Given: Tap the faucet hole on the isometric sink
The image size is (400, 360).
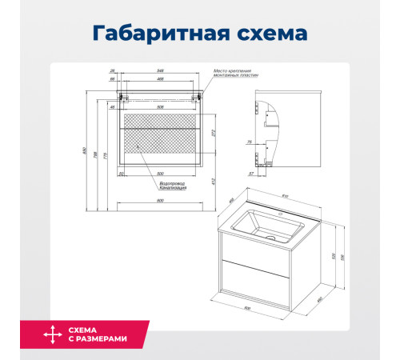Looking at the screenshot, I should [282, 214].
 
